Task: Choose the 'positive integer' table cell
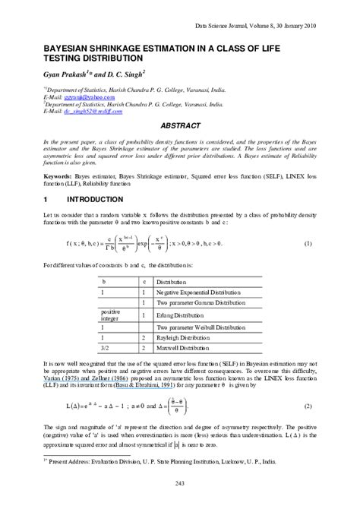coord(112,312)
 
